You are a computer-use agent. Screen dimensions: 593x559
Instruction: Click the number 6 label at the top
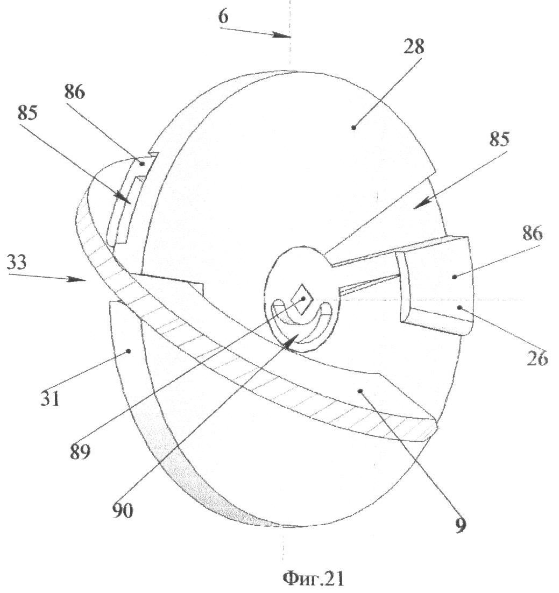[x=223, y=16]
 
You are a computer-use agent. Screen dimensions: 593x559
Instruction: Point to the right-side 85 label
[x=499, y=139]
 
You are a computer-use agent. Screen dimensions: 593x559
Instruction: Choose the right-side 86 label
[x=531, y=235]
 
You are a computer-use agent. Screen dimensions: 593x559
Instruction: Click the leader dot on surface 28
[x=353, y=127]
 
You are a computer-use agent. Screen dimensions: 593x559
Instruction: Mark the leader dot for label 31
[x=129, y=351]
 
